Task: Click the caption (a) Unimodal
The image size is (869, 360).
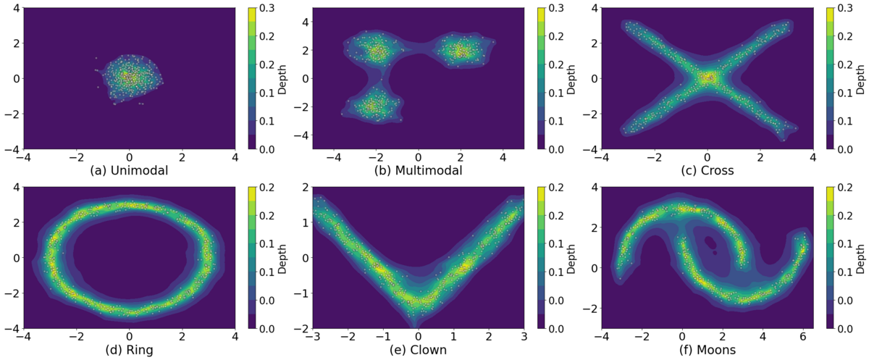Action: [129, 171]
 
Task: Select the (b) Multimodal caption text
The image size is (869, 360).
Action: [419, 171]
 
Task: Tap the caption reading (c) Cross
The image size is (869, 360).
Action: [708, 171]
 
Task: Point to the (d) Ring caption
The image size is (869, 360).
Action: [129, 350]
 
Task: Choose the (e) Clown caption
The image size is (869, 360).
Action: [419, 350]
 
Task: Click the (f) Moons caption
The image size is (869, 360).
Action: [708, 350]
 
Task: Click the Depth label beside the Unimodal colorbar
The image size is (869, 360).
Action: [282, 80]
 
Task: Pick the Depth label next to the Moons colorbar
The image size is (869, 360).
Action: [860, 259]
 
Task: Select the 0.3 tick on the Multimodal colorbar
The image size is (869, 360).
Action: [555, 8]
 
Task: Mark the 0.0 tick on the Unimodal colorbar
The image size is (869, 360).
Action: [266, 149]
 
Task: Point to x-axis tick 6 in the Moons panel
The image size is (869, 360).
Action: [803, 336]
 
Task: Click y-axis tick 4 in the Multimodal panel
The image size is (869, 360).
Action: [306, 22]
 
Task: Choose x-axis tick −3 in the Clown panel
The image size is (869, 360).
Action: [313, 336]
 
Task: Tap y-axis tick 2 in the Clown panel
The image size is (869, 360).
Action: [306, 188]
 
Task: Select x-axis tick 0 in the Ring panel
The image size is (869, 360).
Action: [130, 336]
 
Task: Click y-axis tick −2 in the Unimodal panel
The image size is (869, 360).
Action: [14, 114]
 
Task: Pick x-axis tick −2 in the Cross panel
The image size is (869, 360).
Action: [655, 157]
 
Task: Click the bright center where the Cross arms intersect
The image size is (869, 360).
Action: [708, 78]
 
